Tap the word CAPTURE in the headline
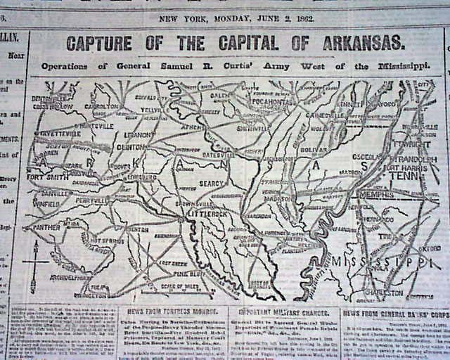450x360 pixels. [98, 43]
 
